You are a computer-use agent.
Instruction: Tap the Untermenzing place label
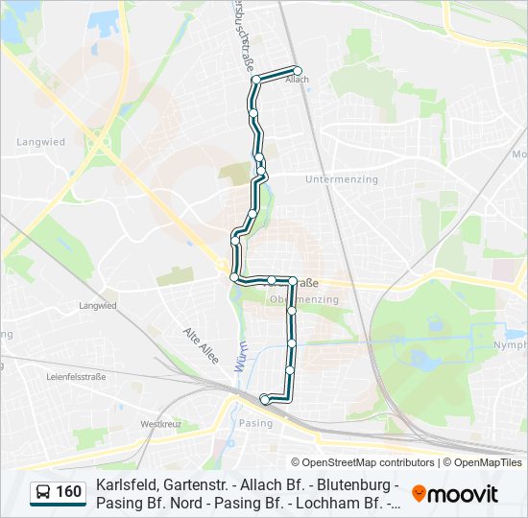pos(342,179)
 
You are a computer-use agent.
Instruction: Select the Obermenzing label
pos(304,299)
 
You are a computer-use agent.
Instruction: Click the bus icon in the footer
pos(43,493)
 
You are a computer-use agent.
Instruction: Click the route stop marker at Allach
pos(298,70)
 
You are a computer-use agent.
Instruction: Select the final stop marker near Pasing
pos(265,398)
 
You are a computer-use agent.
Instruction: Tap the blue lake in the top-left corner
pos(12,27)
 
